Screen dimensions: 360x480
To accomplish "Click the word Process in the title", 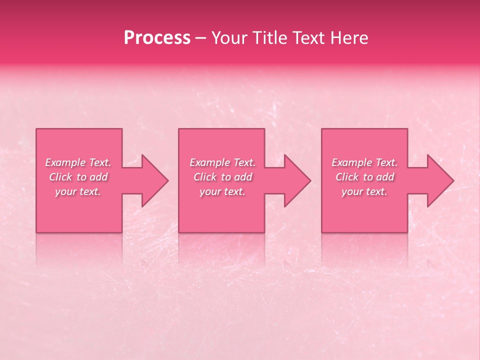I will point(157,38).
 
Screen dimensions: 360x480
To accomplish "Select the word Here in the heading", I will point(349,38).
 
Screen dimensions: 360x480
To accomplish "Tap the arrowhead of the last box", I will point(439,180).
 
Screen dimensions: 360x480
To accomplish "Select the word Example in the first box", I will point(65,162).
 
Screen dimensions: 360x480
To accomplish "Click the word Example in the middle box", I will point(209,162).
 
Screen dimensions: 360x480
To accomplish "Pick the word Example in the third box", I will point(351,162).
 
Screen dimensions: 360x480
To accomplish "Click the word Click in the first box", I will point(60,177).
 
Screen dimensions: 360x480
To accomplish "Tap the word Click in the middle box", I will point(205,177).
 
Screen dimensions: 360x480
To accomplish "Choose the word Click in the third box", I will point(347,177).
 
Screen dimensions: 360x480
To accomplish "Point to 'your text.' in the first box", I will point(78,191).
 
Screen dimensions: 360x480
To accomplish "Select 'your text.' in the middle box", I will point(222,191).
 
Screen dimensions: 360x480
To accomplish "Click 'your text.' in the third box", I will point(364,191).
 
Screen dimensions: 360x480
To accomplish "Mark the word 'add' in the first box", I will point(98,177).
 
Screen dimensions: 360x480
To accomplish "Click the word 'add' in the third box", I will point(385,177).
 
